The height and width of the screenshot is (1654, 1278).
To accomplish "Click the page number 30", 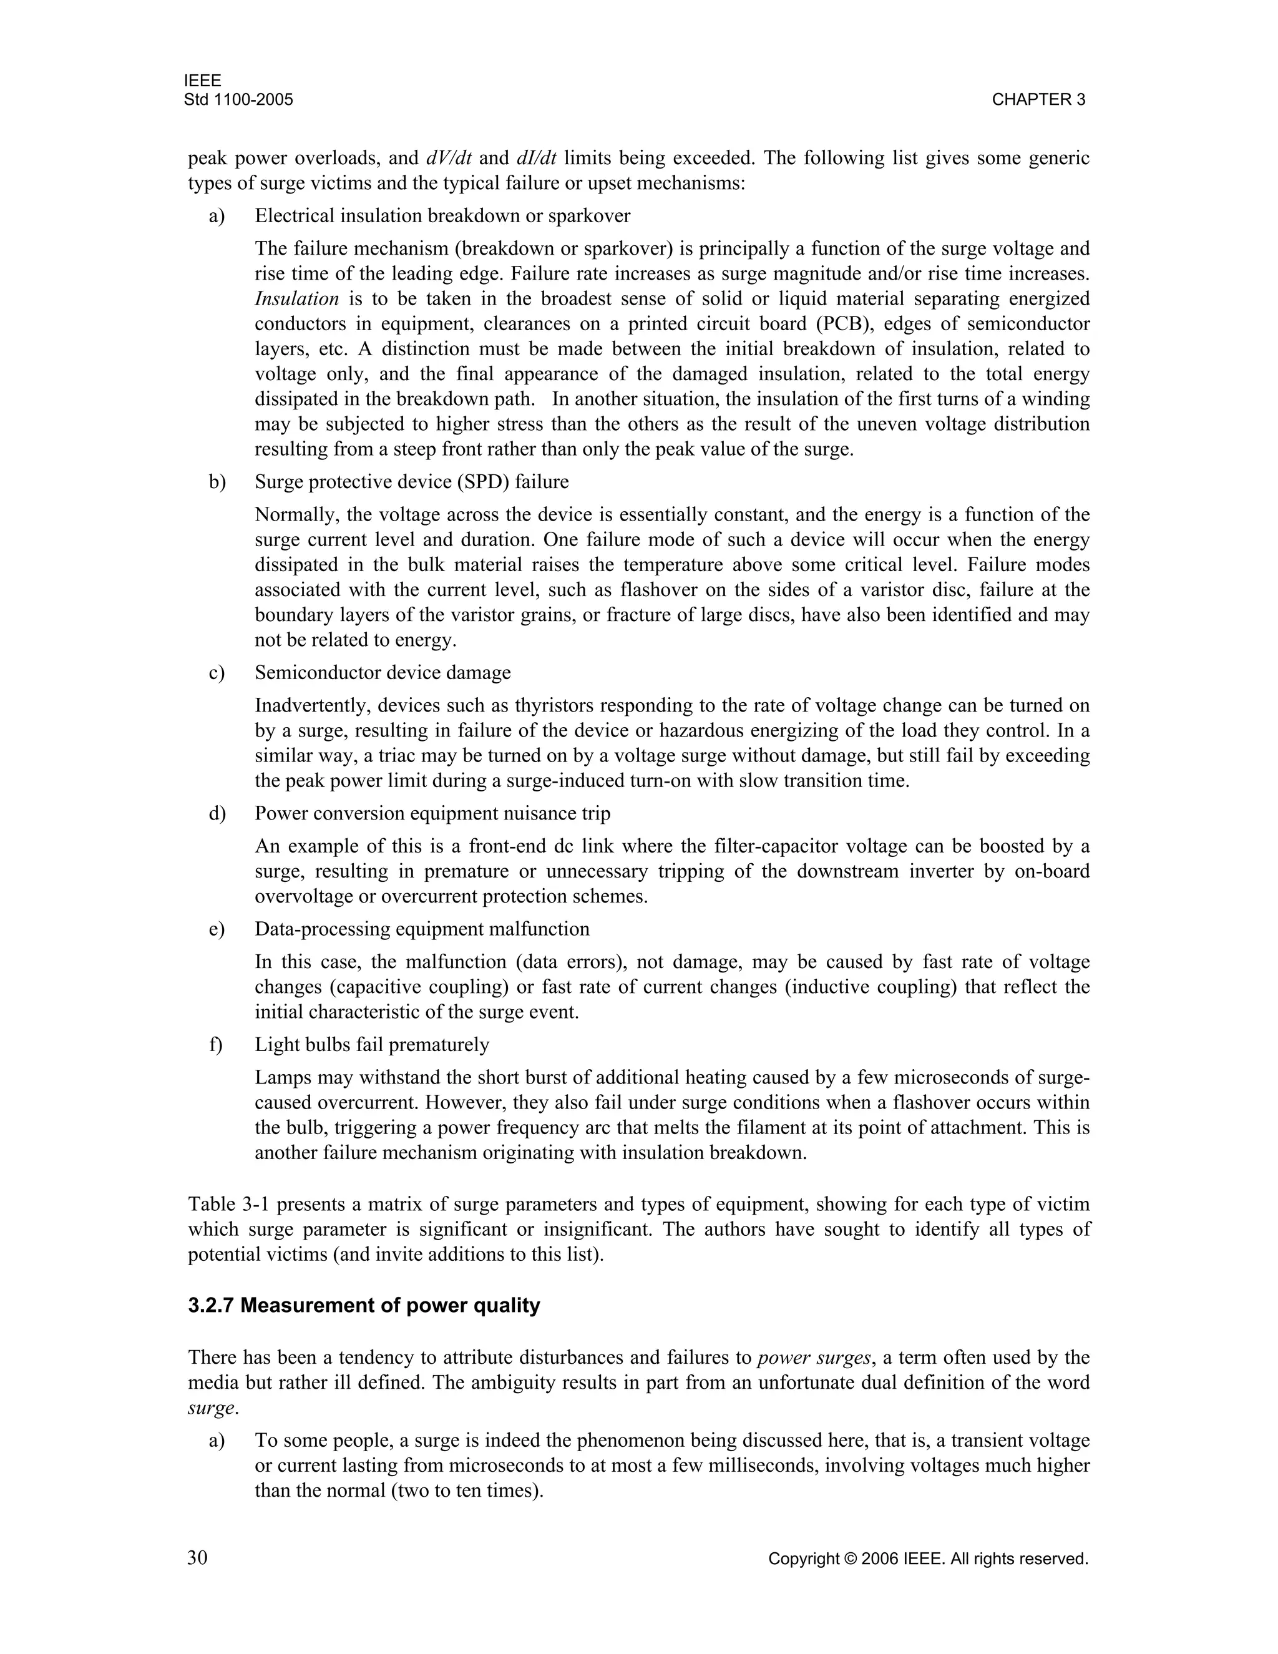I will [198, 1557].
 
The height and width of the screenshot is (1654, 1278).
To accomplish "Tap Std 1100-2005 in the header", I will [238, 100].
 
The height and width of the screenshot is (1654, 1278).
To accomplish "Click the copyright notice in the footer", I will [927, 1559].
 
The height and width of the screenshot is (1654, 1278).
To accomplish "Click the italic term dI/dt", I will [536, 159].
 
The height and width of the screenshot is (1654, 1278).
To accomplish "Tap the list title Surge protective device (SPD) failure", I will [411, 482].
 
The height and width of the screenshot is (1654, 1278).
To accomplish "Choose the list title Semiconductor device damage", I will [383, 672].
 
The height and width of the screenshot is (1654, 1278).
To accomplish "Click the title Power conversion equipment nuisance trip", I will [432, 813].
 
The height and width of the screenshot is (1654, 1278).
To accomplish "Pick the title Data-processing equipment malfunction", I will [422, 929].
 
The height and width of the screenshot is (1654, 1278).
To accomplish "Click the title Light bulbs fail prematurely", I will [372, 1045].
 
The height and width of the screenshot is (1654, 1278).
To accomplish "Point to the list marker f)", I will [216, 1045].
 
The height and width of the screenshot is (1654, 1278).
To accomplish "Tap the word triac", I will [369, 756].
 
